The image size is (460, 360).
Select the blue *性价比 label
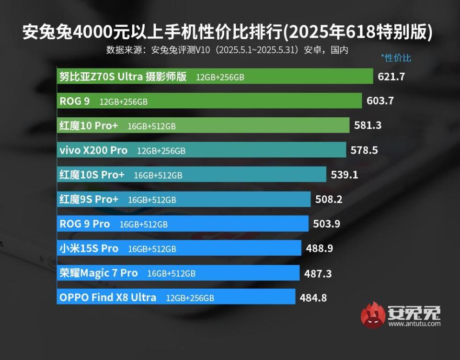coord(396,58)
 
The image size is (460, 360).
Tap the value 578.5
coord(364,150)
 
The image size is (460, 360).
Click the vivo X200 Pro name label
coord(93,150)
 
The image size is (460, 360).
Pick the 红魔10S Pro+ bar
coord(192,175)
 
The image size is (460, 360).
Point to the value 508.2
coord(329,199)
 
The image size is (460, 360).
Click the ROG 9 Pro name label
coord(84,224)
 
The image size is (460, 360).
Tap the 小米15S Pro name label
coord(89,248)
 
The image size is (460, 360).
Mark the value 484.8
coord(313,298)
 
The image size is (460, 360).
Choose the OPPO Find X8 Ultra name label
coord(108,298)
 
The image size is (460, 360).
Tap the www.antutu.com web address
coord(414,324)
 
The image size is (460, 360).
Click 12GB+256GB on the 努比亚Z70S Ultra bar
coord(220,77)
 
